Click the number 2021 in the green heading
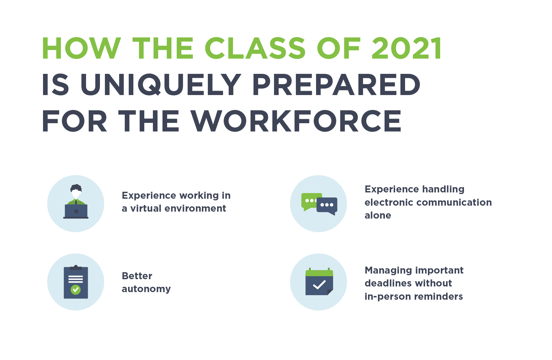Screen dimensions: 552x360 407,48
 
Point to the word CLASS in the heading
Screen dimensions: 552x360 255,48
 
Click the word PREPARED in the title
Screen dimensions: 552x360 336,85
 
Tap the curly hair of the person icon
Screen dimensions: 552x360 76,188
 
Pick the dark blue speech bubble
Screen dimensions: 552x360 327,206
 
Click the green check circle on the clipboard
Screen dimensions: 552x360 76,290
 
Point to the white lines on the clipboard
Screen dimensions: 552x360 76,279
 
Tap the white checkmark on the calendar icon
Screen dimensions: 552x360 319,285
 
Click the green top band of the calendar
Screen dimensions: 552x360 319,273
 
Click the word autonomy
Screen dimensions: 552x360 146,289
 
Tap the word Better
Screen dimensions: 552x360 137,276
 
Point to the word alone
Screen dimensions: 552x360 378,216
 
